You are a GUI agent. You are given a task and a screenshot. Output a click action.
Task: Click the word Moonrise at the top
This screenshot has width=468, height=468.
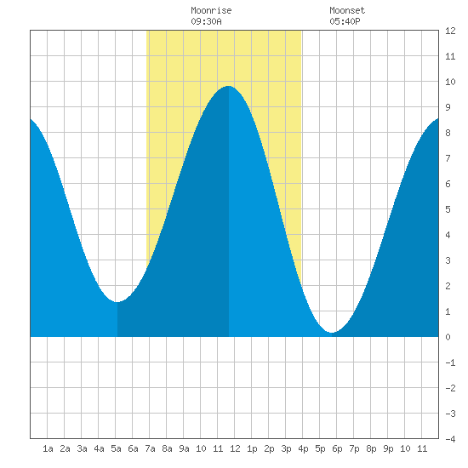[x=211, y=10]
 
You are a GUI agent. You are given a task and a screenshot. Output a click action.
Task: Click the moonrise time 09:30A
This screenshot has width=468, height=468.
[x=206, y=21]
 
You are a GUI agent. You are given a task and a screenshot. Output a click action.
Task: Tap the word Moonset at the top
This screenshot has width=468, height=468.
[x=347, y=10]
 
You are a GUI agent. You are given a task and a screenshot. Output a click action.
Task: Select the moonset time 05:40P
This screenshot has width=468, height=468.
[x=345, y=21]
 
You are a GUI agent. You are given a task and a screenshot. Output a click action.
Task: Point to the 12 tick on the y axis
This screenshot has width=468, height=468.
[x=450, y=31]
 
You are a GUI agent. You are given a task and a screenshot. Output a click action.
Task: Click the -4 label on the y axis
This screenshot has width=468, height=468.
[x=450, y=439]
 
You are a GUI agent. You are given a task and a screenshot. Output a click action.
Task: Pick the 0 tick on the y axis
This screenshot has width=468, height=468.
[x=448, y=337]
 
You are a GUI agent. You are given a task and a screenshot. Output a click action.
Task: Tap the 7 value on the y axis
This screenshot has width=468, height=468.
[x=448, y=158]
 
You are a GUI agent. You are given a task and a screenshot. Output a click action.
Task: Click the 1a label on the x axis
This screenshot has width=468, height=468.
[x=48, y=448]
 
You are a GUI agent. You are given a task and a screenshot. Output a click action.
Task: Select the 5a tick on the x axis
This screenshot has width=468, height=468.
[x=116, y=448]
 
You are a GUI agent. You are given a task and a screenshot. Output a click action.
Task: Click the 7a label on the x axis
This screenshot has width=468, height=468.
[x=150, y=448]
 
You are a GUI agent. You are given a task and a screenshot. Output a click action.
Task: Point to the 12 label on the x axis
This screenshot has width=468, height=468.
[x=235, y=448]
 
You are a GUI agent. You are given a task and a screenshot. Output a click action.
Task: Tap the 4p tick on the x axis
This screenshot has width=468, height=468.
[x=303, y=448]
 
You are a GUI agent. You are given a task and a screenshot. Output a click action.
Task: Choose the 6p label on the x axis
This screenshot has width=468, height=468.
[x=337, y=448]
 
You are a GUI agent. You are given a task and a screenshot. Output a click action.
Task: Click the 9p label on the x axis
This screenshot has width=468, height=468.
[x=388, y=448]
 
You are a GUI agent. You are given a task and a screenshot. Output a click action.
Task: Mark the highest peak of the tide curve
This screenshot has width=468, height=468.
[x=229, y=86]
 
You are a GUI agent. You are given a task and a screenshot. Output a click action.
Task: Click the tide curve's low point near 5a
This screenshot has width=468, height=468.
[x=117, y=302]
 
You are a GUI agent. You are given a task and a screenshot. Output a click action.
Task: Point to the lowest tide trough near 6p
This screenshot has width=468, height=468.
[x=332, y=332]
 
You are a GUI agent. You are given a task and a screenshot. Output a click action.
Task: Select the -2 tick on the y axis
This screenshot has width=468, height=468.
[x=450, y=388]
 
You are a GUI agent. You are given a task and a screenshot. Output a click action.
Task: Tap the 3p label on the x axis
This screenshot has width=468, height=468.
[x=286, y=448]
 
